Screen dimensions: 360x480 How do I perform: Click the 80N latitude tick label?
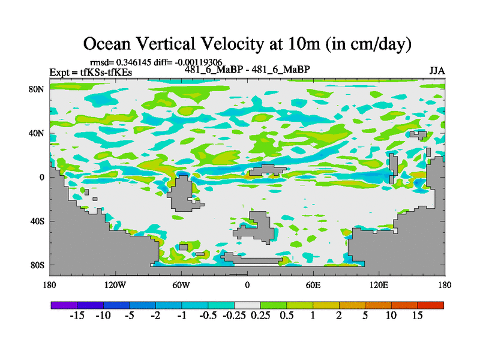pyautogui.click(x=37, y=89)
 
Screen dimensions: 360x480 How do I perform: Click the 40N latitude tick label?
pyautogui.click(x=37, y=133)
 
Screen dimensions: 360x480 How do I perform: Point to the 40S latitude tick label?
pyautogui.click(x=37, y=221)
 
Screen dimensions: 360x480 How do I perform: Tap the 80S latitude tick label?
pyautogui.click(x=37, y=265)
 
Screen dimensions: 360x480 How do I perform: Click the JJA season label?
pyautogui.click(x=437, y=70)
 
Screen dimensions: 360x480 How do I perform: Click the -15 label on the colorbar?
pyautogui.click(x=77, y=316)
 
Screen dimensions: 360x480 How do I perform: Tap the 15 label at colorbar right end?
pyautogui.click(x=418, y=316)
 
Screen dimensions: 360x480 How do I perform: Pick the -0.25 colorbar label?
pyautogui.click(x=233, y=316)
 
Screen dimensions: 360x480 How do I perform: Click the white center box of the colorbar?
pyautogui.click(x=247, y=305)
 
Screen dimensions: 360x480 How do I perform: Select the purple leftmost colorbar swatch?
pyautogui.click(x=64, y=305)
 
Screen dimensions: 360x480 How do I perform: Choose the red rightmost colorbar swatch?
pyautogui.click(x=431, y=305)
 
